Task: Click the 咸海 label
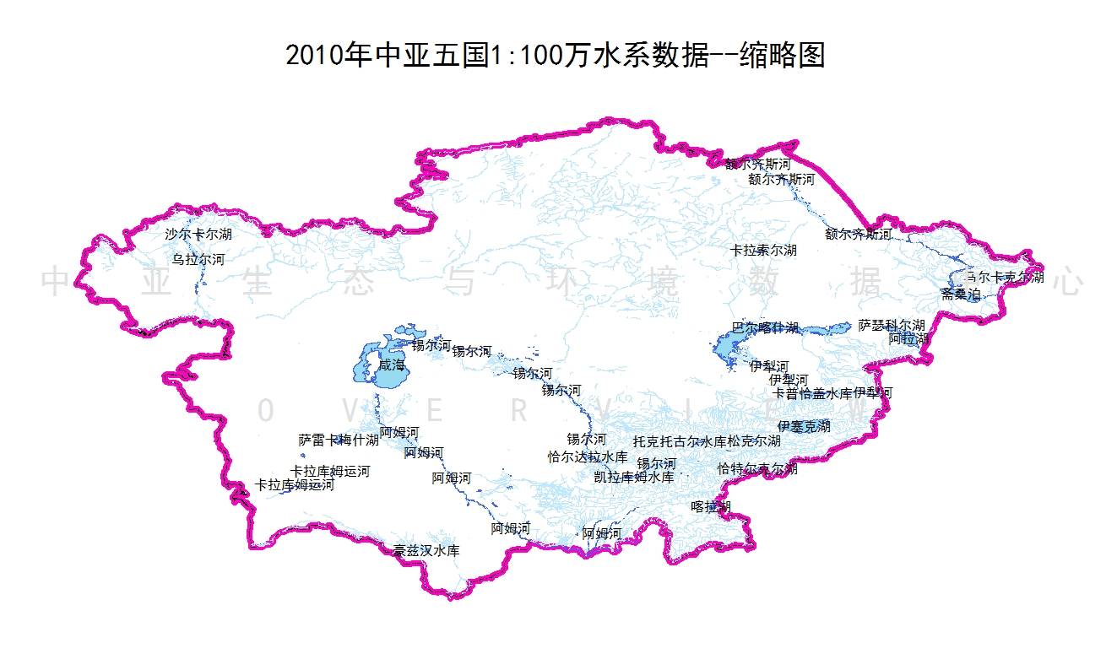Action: (392, 365)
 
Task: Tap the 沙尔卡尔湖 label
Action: (198, 234)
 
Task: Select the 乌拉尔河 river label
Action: (198, 259)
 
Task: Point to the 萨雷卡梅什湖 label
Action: (339, 440)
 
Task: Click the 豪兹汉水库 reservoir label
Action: (426, 551)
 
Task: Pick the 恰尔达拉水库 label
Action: (588, 457)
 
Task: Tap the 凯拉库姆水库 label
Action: (634, 477)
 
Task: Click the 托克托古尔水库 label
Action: (680, 440)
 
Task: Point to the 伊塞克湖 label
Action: (804, 426)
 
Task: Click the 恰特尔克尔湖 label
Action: (757, 468)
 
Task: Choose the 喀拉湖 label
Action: (710, 506)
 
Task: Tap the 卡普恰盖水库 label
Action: (813, 393)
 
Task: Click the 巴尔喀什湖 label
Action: (764, 327)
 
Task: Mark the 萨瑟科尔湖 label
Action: (892, 325)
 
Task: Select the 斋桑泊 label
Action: (961, 294)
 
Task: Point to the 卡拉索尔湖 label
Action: (763, 251)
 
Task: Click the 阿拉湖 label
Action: (908, 338)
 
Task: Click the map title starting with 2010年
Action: (555, 56)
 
